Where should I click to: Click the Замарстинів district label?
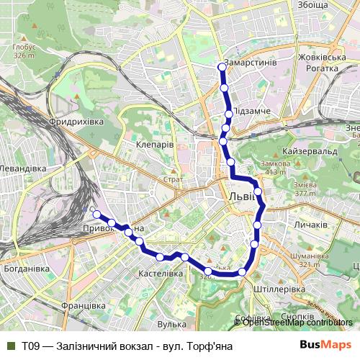pyautogui.click(x=251, y=63)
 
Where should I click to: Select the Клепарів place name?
pyautogui.click(x=155, y=144)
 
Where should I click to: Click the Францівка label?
pyautogui.click(x=84, y=305)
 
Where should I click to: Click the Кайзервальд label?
pyautogui.click(x=311, y=153)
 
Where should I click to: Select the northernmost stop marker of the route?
pyautogui.click(x=222, y=68)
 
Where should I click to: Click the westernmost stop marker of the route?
pyautogui.click(x=96, y=214)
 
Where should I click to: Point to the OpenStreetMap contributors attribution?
pyautogui.click(x=297, y=322)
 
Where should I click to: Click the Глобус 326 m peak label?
pyautogui.click(x=24, y=50)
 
